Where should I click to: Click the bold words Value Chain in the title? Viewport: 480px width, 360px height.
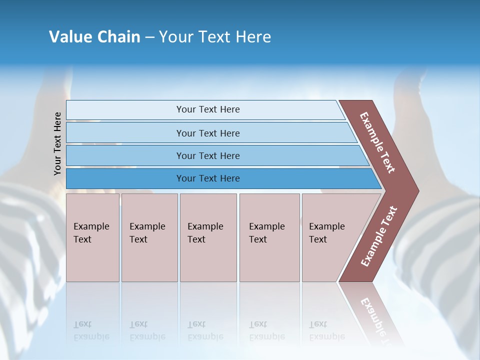(94, 37)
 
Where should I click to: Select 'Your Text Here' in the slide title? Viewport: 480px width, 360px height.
(215, 37)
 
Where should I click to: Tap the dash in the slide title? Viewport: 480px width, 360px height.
(149, 37)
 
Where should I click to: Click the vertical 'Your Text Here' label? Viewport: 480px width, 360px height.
(57, 143)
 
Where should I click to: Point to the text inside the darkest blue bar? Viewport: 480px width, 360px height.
(208, 178)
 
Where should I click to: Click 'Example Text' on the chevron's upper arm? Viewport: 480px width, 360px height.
(377, 142)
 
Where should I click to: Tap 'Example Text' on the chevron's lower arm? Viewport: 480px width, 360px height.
(379, 236)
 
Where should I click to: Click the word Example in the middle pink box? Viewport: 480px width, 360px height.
(205, 226)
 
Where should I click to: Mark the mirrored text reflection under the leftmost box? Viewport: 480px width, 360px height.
(91, 330)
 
